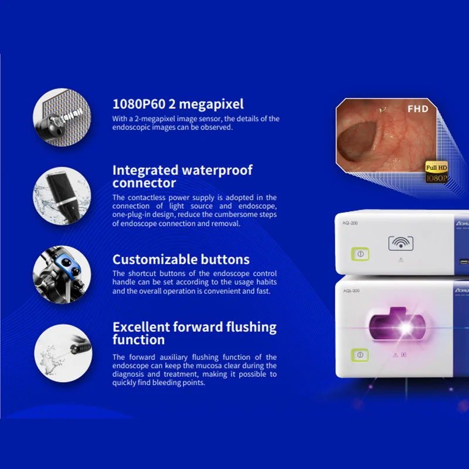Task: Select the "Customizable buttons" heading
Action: [181, 260]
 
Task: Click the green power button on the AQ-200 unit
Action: [360, 254]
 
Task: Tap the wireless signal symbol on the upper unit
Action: [400, 243]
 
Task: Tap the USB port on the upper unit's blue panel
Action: [464, 262]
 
